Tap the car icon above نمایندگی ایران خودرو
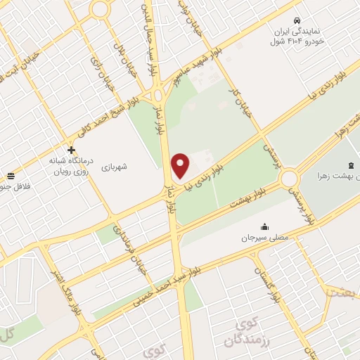pyautogui.click(x=298, y=20)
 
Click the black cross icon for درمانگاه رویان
pyautogui.click(x=71, y=150)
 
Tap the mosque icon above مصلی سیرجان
pyautogui.click(x=264, y=226)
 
